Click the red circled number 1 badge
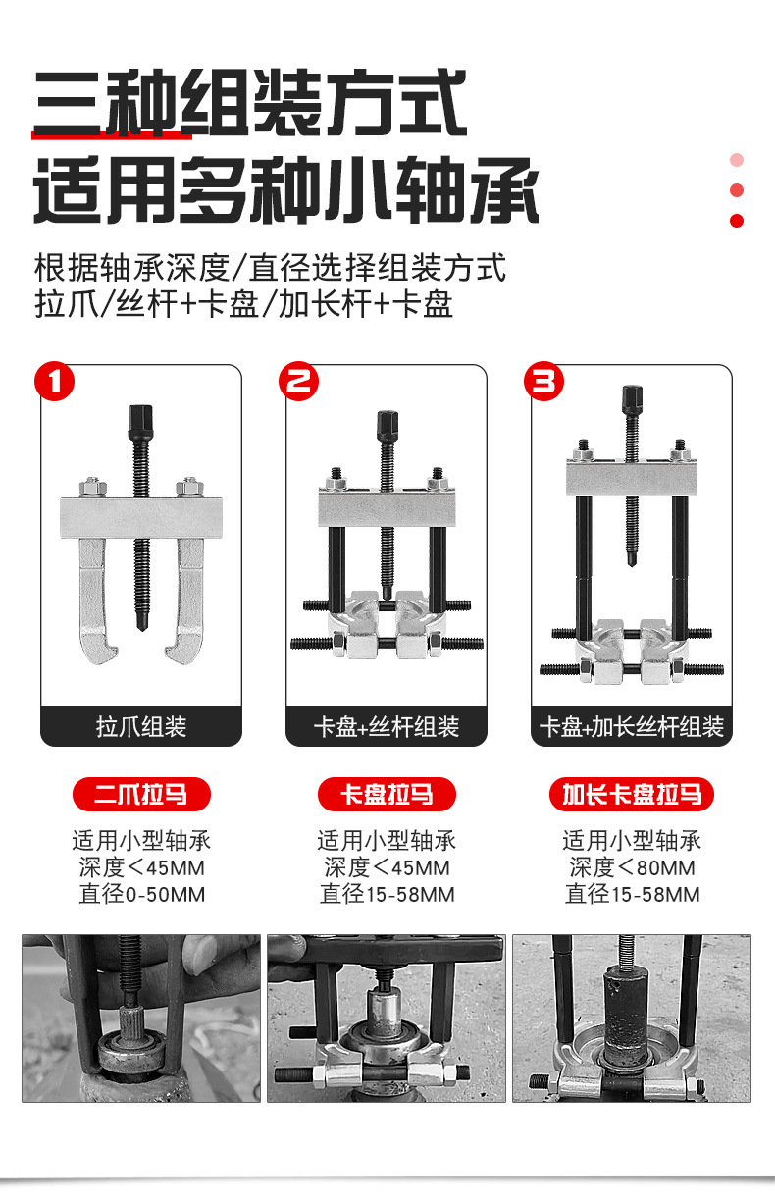54,381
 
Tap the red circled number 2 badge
299,381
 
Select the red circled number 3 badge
543,381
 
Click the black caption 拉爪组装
141,726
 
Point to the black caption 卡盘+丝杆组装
387,726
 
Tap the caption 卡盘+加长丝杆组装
631,726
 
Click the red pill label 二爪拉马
141,794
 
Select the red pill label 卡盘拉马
387,794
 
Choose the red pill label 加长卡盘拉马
632,794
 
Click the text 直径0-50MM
141,895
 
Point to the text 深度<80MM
632,867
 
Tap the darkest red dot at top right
737,221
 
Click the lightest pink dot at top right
737,160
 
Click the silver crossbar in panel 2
387,506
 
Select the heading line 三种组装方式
250,103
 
